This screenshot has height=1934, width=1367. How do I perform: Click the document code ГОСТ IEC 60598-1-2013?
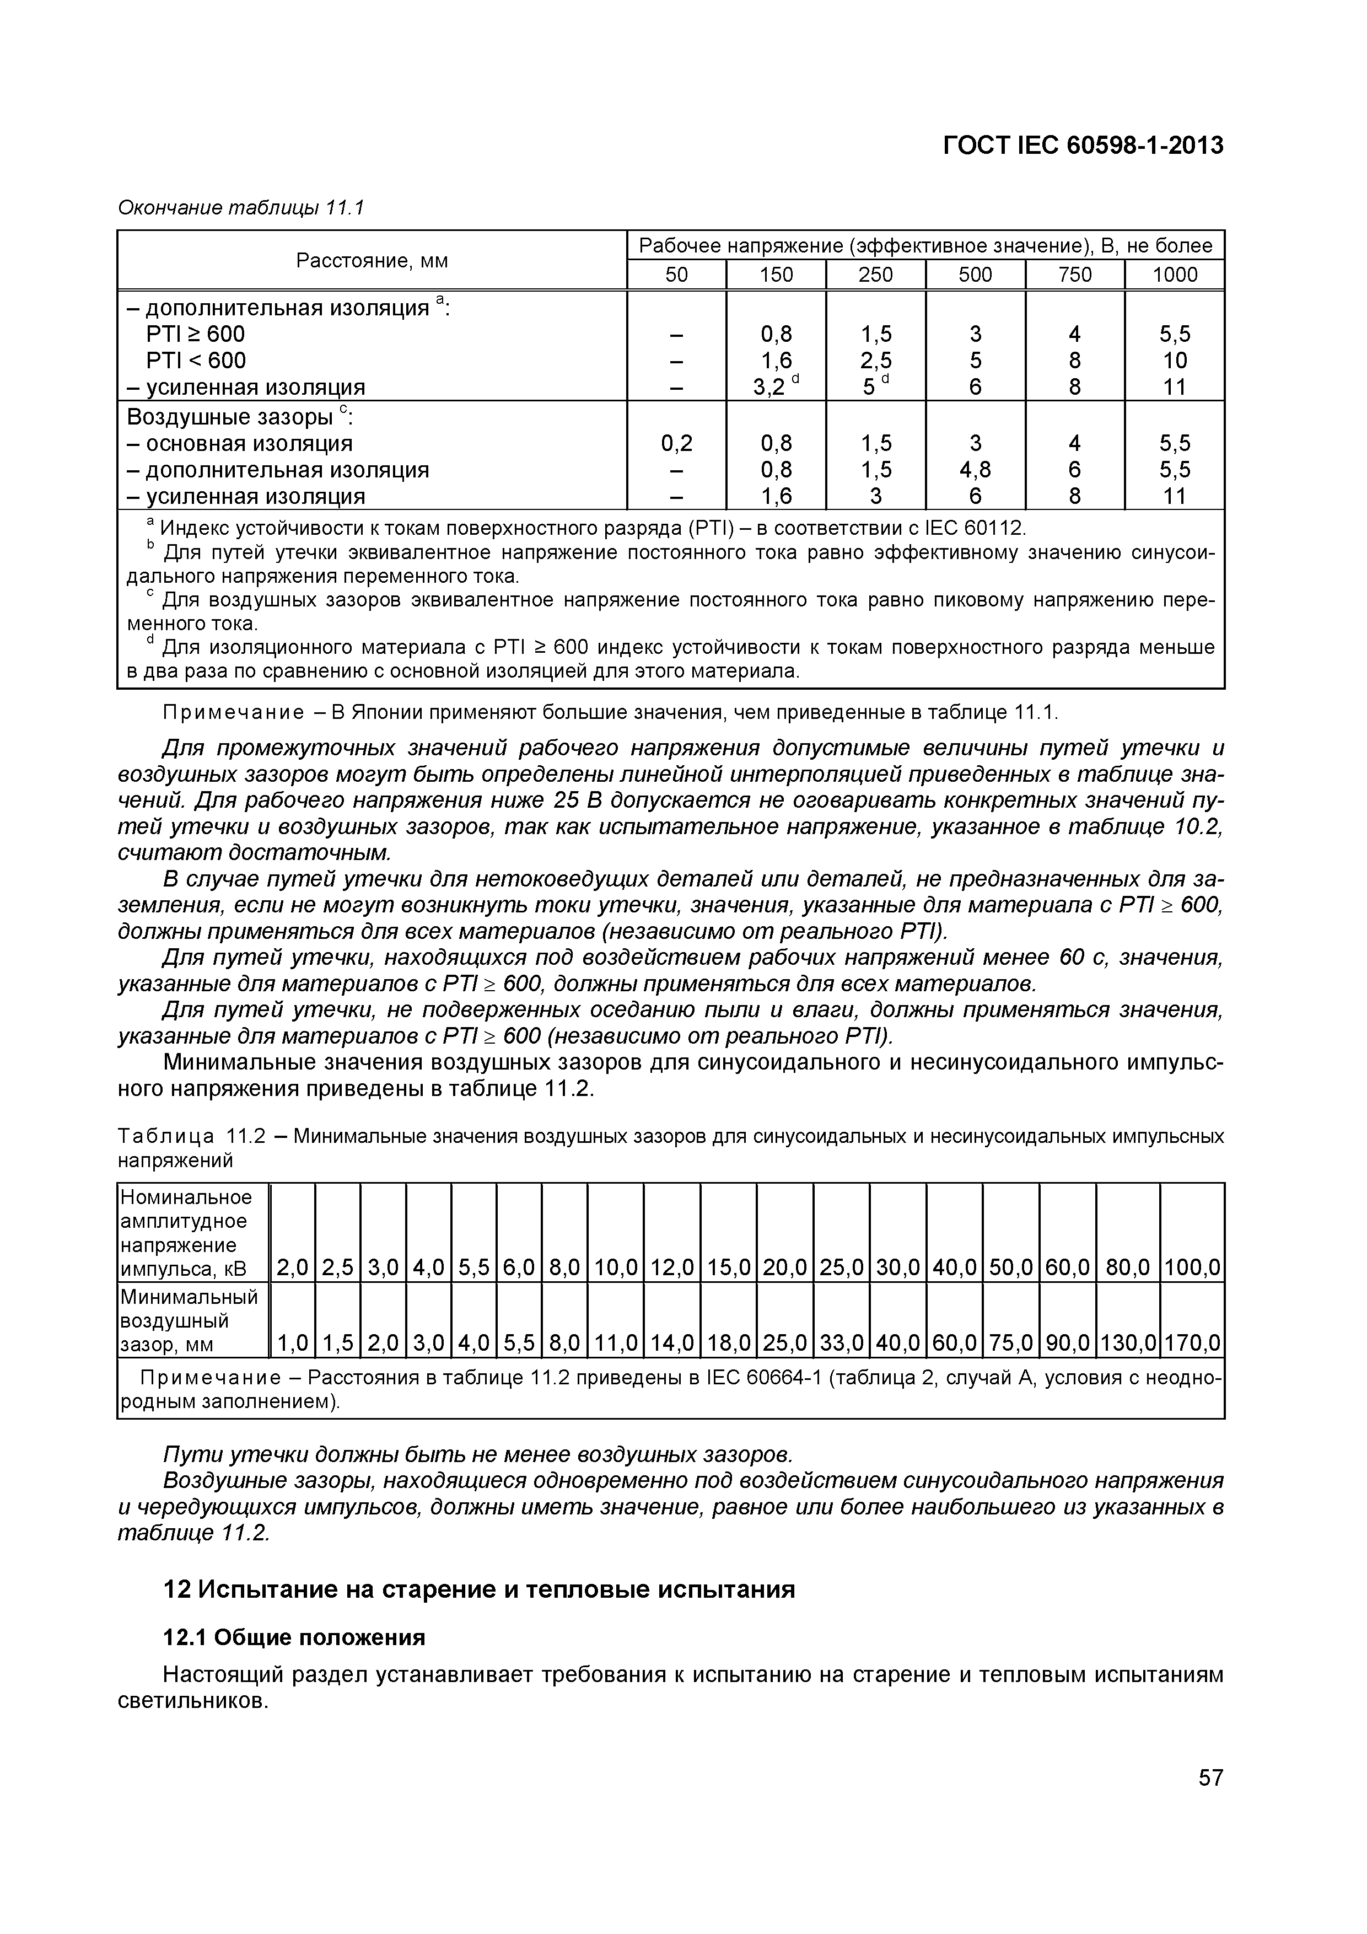1083,146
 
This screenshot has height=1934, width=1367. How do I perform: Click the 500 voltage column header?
975,275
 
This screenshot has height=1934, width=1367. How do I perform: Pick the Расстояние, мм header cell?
372,261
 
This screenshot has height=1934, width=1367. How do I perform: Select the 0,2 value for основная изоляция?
676,443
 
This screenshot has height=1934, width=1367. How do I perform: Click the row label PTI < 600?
196,361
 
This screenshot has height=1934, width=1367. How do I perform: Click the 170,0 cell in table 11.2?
1192,1342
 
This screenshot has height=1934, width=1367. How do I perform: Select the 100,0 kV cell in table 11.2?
1192,1267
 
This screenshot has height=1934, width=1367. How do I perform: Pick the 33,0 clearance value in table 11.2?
842,1342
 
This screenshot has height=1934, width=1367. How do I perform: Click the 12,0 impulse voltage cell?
671,1267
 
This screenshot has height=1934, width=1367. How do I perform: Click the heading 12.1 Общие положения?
293,1637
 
